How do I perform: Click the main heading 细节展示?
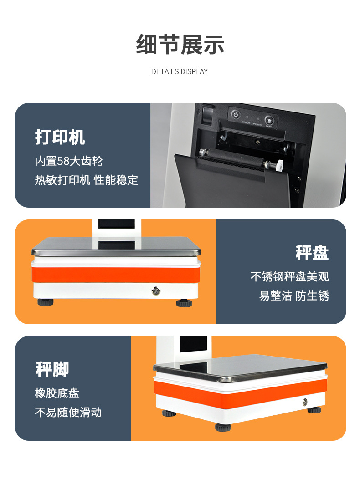click(x=180, y=45)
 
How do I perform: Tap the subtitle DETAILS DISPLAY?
click(x=180, y=71)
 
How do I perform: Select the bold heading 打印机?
click(x=60, y=137)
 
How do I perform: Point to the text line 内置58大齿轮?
click(x=68, y=161)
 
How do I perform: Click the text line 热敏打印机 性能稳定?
click(x=86, y=180)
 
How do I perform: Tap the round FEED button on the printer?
click(x=269, y=121)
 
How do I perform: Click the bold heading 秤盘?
click(x=312, y=253)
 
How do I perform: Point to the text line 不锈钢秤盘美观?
click(x=290, y=276)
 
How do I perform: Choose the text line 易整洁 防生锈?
click(x=294, y=296)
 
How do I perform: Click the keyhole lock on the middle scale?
click(x=156, y=291)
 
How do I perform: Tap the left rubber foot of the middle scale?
click(x=46, y=302)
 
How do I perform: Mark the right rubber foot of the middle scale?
click(x=184, y=303)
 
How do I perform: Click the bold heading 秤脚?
click(x=52, y=369)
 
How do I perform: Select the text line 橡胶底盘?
click(x=57, y=393)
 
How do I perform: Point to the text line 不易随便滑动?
click(x=68, y=413)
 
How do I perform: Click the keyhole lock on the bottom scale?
click(x=305, y=402)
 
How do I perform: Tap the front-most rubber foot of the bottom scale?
click(x=223, y=427)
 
